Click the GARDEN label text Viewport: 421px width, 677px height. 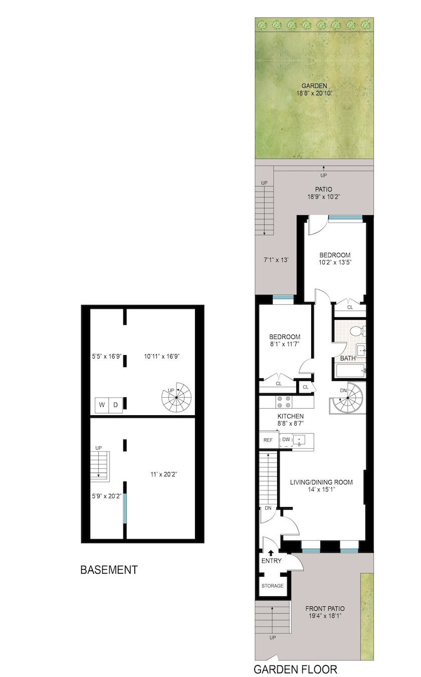[x=314, y=86]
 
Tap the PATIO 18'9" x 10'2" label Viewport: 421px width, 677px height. [x=324, y=193]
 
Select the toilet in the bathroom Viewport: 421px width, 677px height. [x=357, y=331]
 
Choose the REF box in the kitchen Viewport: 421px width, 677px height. [x=268, y=440]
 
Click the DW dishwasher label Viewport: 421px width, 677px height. [x=286, y=440]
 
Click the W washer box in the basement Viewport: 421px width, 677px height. [x=102, y=405]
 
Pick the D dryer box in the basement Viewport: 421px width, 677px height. [x=115, y=405]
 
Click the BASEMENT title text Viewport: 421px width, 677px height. [x=109, y=570]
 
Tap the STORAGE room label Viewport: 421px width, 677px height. [x=272, y=586]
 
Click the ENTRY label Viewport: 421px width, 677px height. [x=272, y=561]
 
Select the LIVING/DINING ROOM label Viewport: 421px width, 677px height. [x=321, y=482]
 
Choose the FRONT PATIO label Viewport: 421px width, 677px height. [x=325, y=609]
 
